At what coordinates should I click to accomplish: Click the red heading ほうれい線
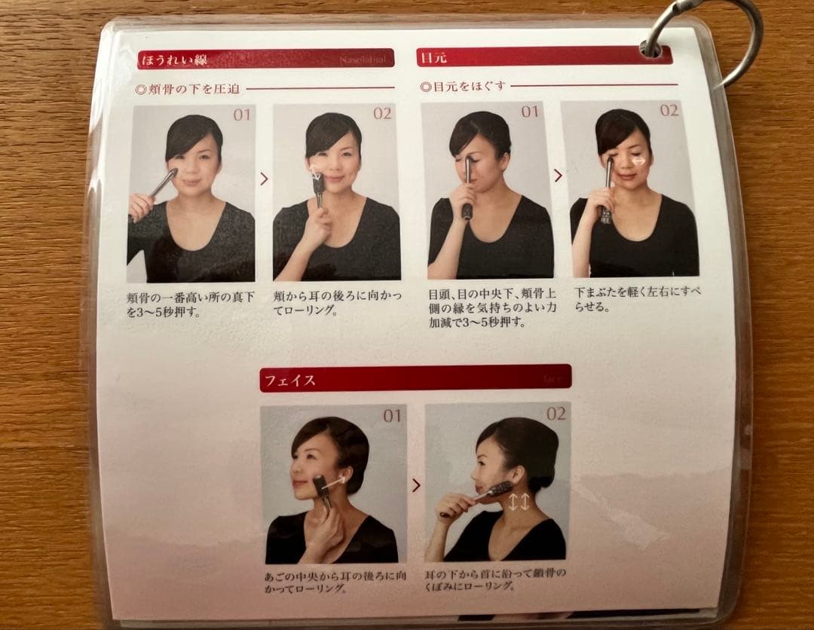pos(175,59)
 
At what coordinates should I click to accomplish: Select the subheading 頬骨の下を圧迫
pos(188,89)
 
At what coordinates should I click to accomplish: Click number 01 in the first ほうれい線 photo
pos(241,115)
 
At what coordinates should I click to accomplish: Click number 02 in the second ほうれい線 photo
pos(382,114)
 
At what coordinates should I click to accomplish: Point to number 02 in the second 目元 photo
pos(669,111)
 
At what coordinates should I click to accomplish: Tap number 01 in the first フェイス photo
pos(392,416)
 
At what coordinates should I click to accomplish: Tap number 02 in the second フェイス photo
pos(555,414)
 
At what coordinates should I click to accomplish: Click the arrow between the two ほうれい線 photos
pos(264,179)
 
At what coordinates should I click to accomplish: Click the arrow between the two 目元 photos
pos(558,176)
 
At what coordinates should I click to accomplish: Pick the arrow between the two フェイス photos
pos(415,485)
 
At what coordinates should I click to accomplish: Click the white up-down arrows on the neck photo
pos(518,502)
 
